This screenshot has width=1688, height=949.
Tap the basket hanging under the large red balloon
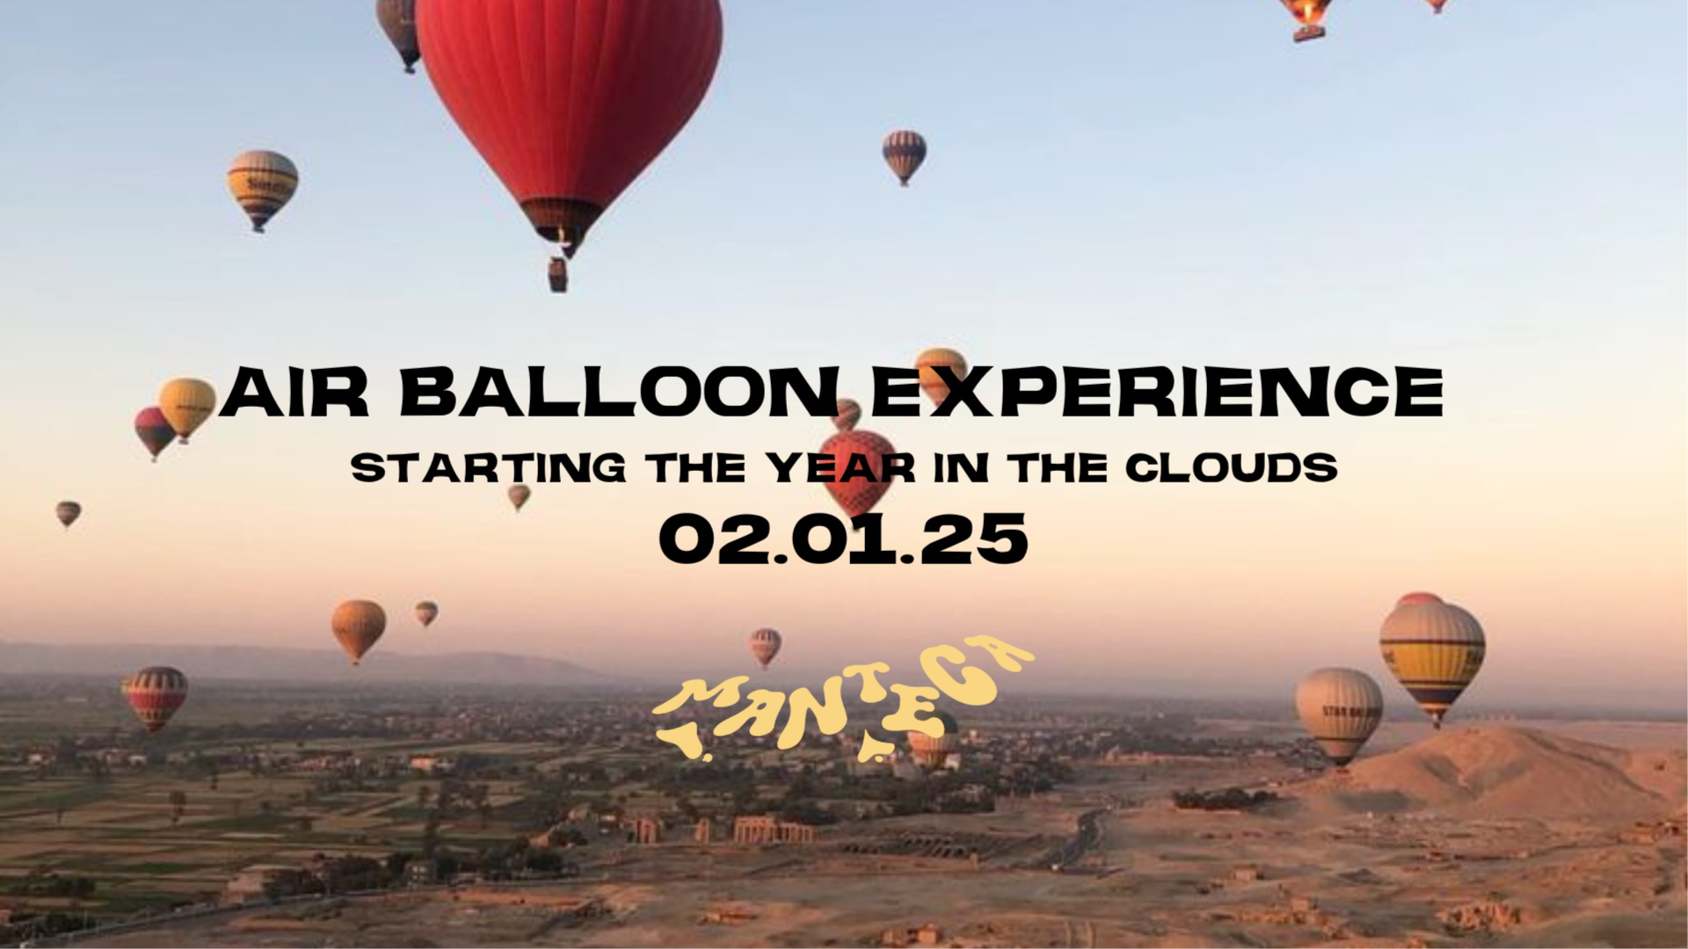pyautogui.click(x=557, y=274)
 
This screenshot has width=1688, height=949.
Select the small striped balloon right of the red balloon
pyautogui.click(x=904, y=155)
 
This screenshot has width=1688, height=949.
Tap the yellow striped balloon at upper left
pyautogui.click(x=262, y=186)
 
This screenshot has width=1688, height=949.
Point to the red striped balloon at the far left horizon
pyautogui.click(x=156, y=696)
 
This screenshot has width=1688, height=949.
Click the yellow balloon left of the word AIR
pyautogui.click(x=187, y=407)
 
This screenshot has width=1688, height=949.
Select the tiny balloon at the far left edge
pyautogui.click(x=68, y=512)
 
